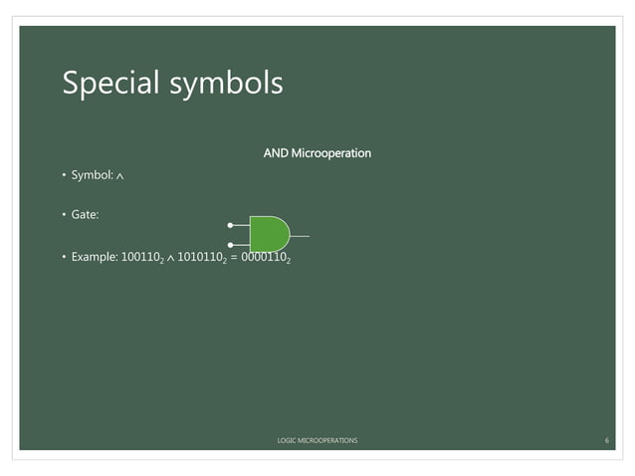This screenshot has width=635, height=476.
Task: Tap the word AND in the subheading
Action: pos(276,153)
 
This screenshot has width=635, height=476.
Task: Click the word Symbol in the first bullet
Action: pos(91,176)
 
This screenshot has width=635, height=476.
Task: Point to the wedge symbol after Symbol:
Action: pos(120,177)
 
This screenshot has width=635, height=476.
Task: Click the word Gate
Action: pos(85,215)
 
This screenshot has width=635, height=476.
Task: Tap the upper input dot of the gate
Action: pos(230,225)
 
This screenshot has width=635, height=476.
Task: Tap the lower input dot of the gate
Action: pos(230,244)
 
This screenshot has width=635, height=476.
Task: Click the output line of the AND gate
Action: pos(300,236)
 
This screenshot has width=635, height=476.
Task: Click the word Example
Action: pos(94,257)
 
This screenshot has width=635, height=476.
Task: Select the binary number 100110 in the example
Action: pos(141,257)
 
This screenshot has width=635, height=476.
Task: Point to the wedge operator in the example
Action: pos(171,258)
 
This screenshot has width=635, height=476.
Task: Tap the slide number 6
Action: pos(606,439)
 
